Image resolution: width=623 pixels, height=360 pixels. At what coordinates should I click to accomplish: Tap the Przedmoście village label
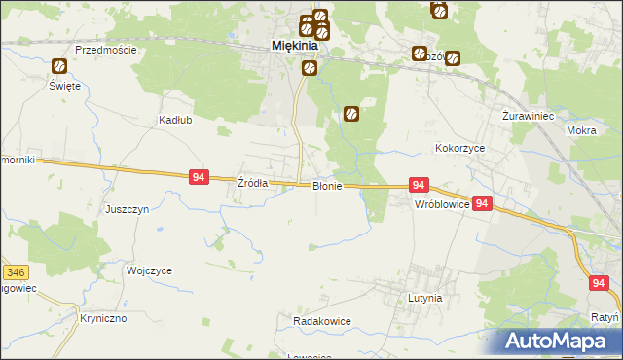(x=104, y=50)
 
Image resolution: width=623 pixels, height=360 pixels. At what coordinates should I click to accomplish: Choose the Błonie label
(x=326, y=186)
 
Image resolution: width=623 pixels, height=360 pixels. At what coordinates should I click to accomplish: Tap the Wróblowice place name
(x=443, y=206)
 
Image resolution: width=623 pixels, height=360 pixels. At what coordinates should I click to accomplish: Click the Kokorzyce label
(x=459, y=149)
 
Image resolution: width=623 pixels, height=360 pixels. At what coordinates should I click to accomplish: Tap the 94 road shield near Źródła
(x=199, y=177)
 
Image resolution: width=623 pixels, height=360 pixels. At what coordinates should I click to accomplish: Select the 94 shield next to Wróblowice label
(x=484, y=204)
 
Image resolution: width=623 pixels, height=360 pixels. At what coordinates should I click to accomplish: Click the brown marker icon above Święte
(x=59, y=66)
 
